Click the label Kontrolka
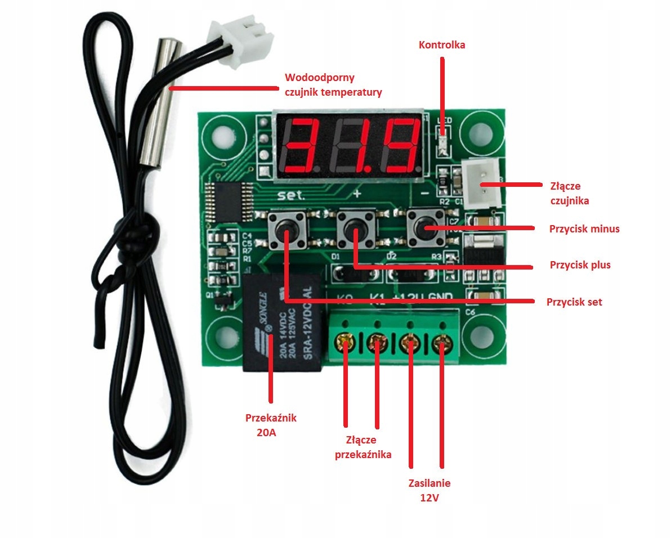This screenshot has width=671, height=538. (442, 45)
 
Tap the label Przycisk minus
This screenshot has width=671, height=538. (584, 229)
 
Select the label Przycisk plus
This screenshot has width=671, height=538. (580, 264)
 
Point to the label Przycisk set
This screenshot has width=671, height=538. (574, 302)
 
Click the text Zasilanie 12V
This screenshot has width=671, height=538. (430, 490)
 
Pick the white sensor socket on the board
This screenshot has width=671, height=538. (483, 178)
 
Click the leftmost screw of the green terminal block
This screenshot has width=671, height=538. (345, 342)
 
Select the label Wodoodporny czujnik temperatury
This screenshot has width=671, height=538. (333, 85)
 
